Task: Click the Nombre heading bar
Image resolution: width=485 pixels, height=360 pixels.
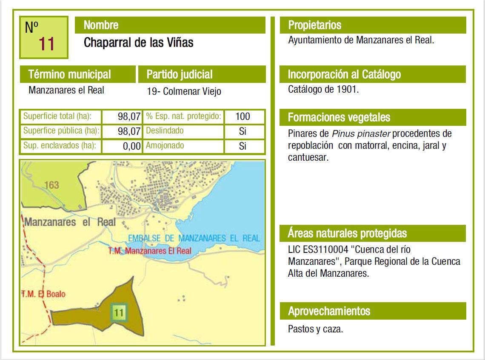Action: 170,25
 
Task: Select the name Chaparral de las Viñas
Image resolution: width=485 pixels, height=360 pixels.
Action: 139,43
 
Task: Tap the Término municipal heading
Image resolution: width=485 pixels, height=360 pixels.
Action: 77,74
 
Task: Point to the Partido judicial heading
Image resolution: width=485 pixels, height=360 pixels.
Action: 202,74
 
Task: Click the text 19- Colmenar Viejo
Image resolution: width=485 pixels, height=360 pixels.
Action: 184,91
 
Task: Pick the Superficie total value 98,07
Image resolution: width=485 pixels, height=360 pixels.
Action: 129,116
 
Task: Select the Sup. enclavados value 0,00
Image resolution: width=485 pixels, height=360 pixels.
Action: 131,146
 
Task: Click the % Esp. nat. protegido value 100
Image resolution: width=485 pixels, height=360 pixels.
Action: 242,116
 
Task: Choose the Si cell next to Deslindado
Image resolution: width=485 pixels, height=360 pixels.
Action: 242,131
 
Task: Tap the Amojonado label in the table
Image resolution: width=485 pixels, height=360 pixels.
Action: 165,146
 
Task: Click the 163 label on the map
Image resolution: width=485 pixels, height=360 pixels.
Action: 51,185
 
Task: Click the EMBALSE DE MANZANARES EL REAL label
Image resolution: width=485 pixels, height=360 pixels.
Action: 194,238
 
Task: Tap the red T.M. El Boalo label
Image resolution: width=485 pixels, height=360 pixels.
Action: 44,294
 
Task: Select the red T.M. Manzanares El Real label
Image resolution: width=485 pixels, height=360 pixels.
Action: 150,251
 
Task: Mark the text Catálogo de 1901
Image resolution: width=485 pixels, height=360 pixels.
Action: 323,90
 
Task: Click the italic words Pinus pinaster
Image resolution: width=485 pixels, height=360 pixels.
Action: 361,133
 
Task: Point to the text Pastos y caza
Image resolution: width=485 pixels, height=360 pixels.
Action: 315,329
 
